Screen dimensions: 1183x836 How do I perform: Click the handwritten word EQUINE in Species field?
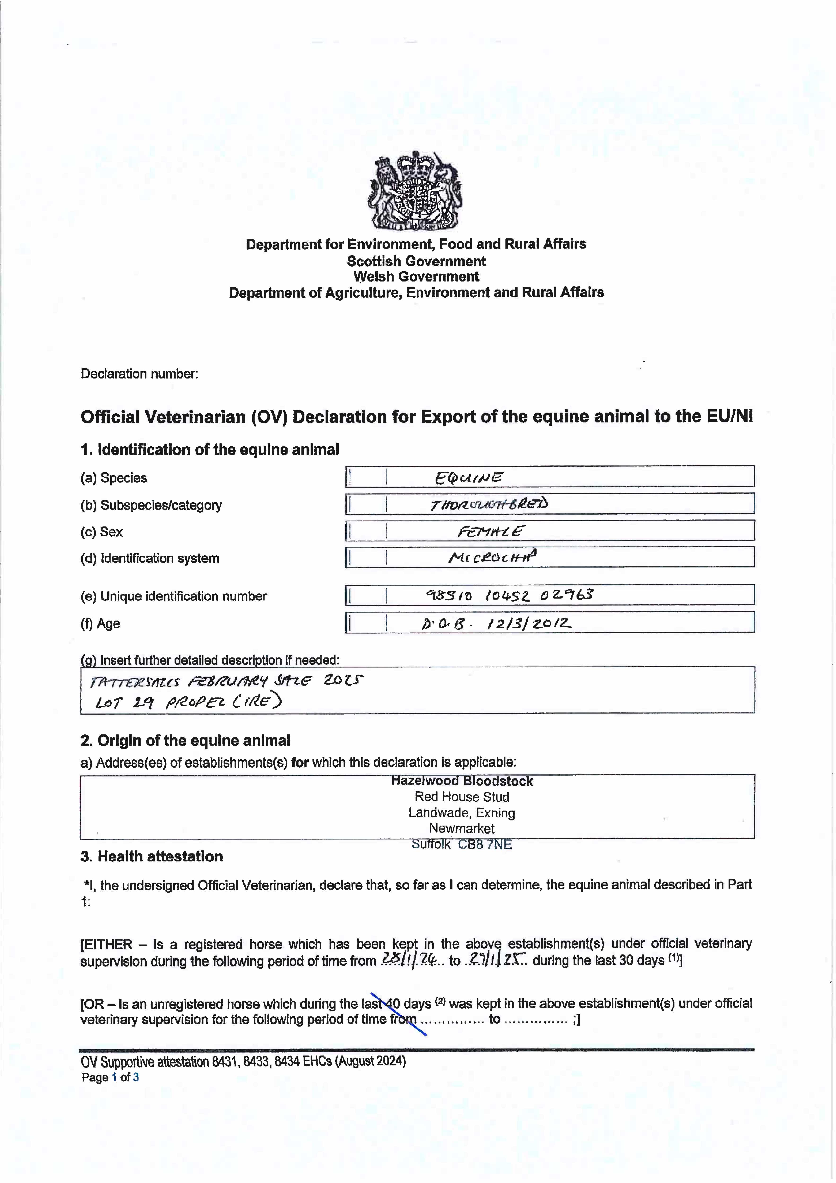(x=468, y=478)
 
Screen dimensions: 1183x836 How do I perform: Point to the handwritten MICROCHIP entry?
(x=492, y=557)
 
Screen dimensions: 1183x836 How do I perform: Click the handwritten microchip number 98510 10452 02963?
(x=509, y=595)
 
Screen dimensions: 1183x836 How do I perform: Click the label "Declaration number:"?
(x=139, y=374)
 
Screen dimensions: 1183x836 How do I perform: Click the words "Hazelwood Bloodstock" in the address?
(x=462, y=781)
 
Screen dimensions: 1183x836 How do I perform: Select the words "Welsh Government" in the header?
(x=416, y=277)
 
